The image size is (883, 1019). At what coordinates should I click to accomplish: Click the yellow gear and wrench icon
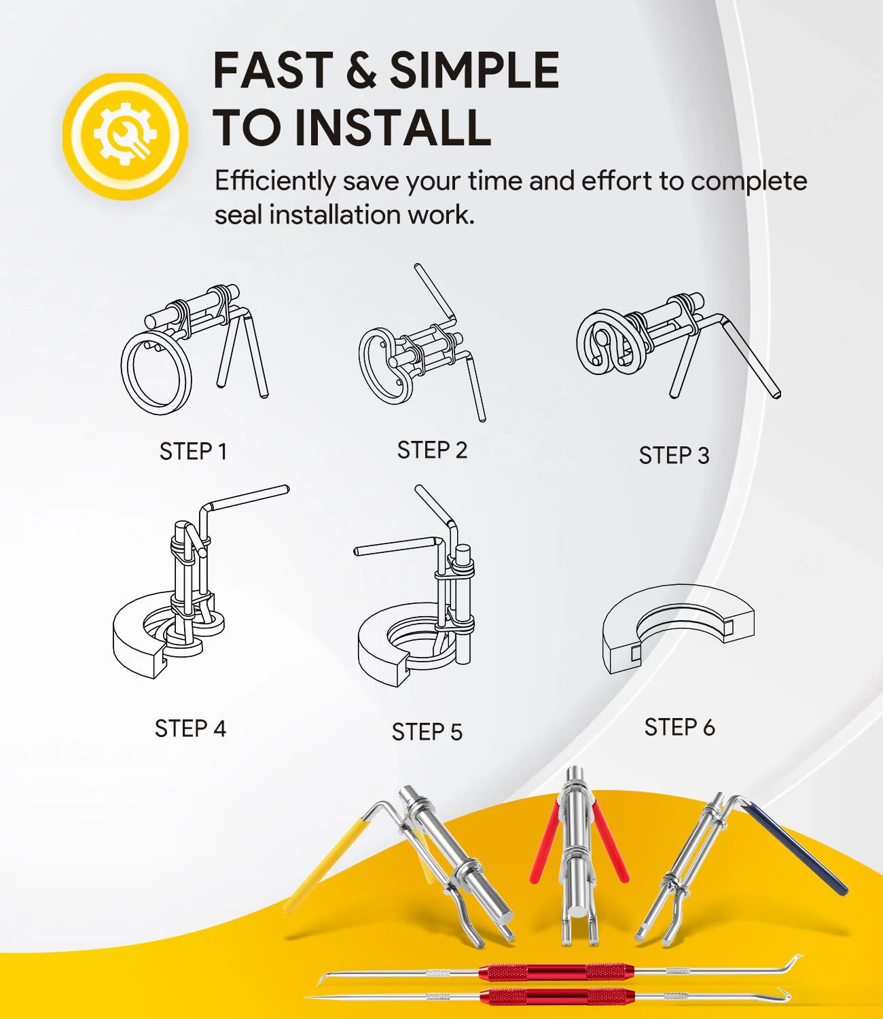pyautogui.click(x=125, y=137)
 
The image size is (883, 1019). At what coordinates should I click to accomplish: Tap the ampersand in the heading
pyautogui.click(x=361, y=71)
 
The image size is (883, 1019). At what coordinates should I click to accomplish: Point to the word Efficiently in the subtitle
pyautogui.click(x=275, y=181)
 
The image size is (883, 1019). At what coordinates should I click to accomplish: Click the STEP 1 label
pyautogui.click(x=194, y=452)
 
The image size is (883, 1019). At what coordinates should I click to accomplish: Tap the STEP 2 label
pyautogui.click(x=432, y=450)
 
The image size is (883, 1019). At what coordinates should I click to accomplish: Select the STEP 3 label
pyautogui.click(x=674, y=455)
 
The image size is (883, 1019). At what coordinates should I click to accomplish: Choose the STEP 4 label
pyautogui.click(x=190, y=728)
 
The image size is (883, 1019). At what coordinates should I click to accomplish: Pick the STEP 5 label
pyautogui.click(x=427, y=732)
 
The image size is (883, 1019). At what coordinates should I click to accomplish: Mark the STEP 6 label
pyautogui.click(x=679, y=727)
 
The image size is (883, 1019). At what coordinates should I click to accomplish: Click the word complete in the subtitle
pyautogui.click(x=749, y=181)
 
